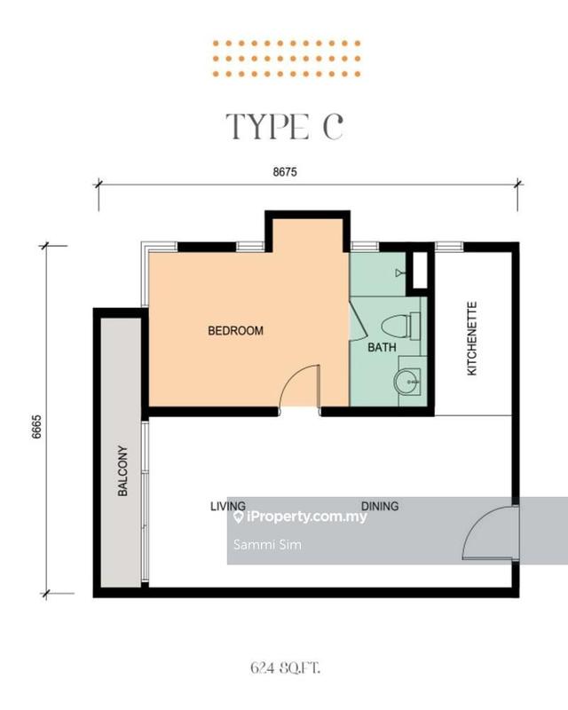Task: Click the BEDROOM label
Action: (235, 331)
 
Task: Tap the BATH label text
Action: (383, 348)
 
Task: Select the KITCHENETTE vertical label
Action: (472, 338)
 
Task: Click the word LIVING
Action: (228, 506)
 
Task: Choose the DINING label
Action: (380, 506)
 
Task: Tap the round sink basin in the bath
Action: (406, 382)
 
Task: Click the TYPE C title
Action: (283, 127)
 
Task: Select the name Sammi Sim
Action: (255, 544)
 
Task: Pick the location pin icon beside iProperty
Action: (238, 517)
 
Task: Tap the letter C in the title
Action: (331, 127)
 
